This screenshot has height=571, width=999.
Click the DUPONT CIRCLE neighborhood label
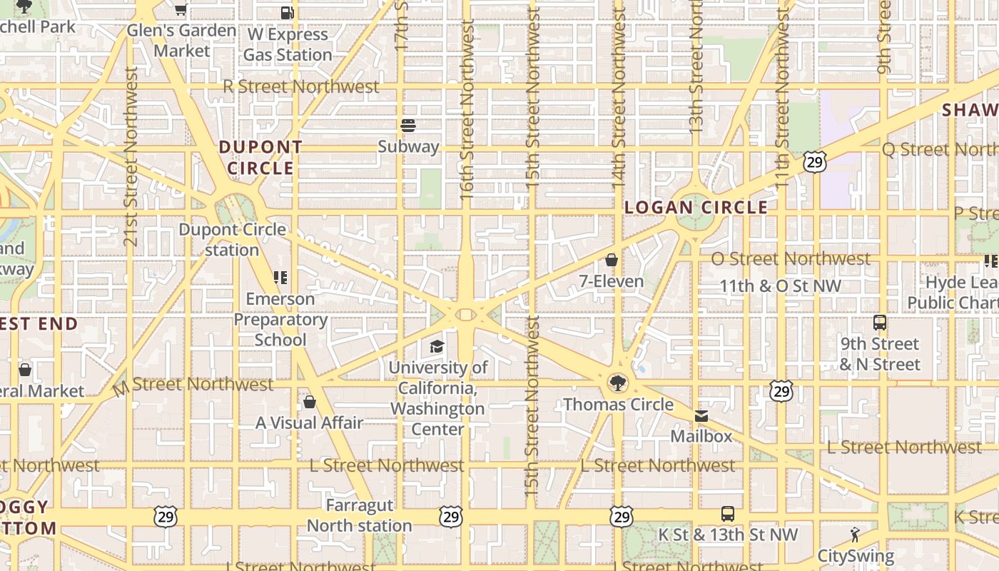click(x=260, y=158)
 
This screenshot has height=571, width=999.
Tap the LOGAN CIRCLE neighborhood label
click(x=696, y=208)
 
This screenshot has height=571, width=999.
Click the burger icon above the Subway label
click(x=408, y=126)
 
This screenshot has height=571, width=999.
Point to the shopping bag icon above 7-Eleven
click(x=612, y=260)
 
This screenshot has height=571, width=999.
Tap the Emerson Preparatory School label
click(x=280, y=319)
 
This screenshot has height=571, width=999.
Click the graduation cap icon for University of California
click(x=437, y=347)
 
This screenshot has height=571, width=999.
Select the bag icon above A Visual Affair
click(x=310, y=402)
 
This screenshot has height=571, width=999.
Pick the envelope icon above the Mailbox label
click(x=701, y=416)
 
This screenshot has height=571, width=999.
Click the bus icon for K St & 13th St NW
click(x=727, y=514)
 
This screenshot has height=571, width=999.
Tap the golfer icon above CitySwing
click(x=855, y=535)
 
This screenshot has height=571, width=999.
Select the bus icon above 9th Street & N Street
click(x=879, y=323)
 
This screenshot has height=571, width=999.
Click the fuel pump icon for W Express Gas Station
click(x=287, y=12)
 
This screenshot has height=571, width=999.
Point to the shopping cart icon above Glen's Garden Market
click(x=181, y=9)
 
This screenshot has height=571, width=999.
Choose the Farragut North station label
click(x=359, y=515)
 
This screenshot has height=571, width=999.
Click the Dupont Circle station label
click(x=233, y=240)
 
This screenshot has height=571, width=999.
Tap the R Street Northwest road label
click(x=301, y=86)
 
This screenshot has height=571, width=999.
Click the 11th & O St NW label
click(x=780, y=286)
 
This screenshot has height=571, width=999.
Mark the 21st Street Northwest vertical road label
click(x=130, y=157)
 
